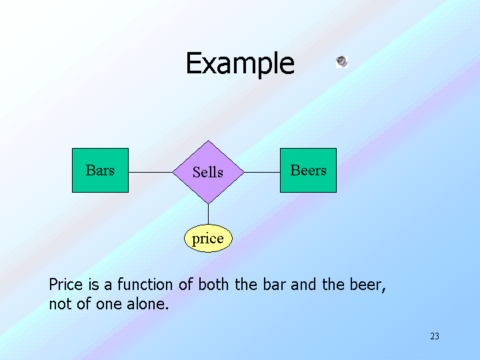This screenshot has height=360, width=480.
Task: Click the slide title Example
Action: coord(239,64)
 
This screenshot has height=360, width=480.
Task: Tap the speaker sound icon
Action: coord(341,62)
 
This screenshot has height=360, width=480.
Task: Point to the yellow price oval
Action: coord(208,239)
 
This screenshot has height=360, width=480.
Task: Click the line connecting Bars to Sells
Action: coord(150,172)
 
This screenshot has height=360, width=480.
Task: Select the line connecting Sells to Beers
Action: coord(262,172)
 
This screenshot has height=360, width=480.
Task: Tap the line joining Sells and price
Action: coord(208,214)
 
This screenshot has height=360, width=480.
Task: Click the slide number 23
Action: coord(435,336)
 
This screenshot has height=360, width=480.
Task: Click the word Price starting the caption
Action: coord(65,285)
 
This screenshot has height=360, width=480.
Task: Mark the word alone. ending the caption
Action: coord(150,305)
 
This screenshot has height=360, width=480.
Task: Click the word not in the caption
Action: coord(59,305)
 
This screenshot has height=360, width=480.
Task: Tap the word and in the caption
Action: coord(303,285)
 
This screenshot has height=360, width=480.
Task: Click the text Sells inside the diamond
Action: coord(208,172)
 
